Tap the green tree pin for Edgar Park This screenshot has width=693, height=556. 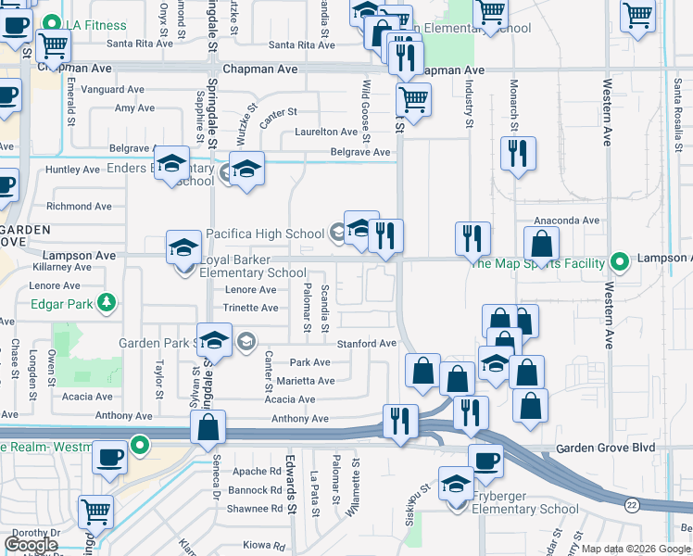tap(107, 301)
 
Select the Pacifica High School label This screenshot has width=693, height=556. tap(265, 234)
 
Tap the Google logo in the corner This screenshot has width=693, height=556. tap(31, 545)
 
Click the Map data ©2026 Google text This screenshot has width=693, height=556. tap(636, 549)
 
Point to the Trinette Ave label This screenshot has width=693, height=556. tap(250, 308)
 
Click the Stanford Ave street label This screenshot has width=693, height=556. tap(368, 343)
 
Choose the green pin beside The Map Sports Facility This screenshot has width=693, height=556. tap(618, 262)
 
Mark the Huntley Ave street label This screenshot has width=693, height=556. tap(72, 170)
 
